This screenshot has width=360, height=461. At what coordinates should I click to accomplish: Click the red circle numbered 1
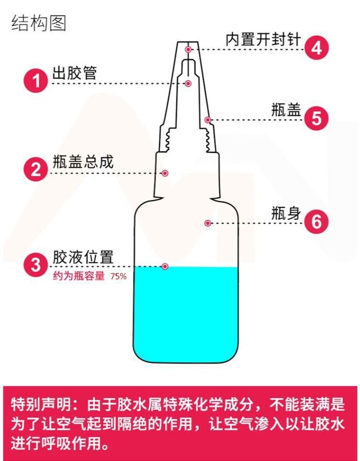(x=36, y=81)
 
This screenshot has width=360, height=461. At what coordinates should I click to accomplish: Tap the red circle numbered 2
(x=36, y=170)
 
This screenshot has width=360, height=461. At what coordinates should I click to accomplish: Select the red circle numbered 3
(x=36, y=265)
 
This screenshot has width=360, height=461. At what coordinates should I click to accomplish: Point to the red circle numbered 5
(x=316, y=118)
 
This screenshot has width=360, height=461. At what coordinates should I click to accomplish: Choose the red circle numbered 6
(x=316, y=222)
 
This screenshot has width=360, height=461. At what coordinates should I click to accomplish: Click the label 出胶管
(x=74, y=73)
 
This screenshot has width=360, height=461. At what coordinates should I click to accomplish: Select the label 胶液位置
(x=83, y=257)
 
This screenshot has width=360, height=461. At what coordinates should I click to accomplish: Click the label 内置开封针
(x=263, y=40)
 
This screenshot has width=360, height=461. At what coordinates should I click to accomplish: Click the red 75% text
(x=119, y=277)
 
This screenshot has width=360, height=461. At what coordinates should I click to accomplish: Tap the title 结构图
(x=38, y=23)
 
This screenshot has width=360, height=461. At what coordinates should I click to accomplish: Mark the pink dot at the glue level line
(x=165, y=266)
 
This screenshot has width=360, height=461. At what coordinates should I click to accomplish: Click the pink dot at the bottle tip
(x=189, y=49)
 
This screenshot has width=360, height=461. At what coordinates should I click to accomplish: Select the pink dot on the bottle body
(x=208, y=223)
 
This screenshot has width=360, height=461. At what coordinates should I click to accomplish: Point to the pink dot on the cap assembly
(x=165, y=173)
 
